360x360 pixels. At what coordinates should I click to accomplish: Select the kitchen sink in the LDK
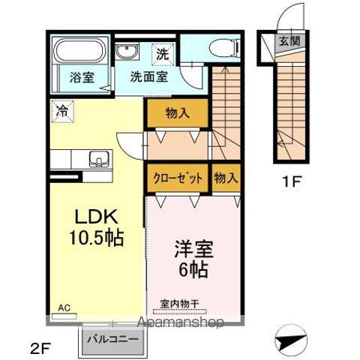[x=98, y=157]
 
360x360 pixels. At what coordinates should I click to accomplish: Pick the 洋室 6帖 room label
[x=193, y=257]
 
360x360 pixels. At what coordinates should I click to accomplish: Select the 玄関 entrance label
[x=289, y=41]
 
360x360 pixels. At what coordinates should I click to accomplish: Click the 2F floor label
[x=40, y=347]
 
